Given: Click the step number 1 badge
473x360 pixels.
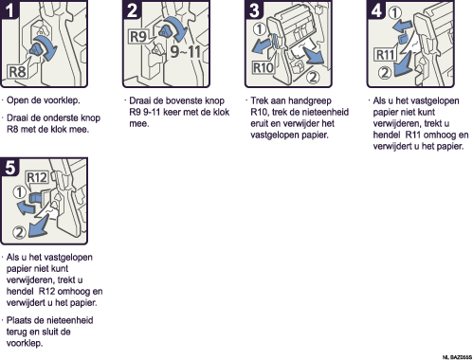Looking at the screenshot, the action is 9,9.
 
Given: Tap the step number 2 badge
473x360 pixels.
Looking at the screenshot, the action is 131,9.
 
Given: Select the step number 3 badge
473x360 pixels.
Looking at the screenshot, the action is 253,9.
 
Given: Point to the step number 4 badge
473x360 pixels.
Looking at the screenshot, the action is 375,9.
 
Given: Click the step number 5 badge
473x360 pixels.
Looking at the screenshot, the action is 9,167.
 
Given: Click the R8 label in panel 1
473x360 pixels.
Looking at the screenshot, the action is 17,71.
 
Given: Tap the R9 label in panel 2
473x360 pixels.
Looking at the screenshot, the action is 138,36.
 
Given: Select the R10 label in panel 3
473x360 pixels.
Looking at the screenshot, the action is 264,67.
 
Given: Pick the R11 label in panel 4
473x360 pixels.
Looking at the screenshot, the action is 385,55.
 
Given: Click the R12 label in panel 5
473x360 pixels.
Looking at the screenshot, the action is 37,177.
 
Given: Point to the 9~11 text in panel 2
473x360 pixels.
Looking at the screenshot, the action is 186,51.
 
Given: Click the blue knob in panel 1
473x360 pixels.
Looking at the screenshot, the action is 36,49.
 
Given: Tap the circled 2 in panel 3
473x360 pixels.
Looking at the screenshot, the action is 313,77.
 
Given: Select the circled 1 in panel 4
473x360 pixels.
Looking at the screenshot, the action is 395,13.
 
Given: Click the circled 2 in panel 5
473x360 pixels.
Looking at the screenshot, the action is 19,232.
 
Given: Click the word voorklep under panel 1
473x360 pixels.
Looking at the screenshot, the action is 62,100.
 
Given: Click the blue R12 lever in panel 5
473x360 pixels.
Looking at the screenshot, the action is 35,198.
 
